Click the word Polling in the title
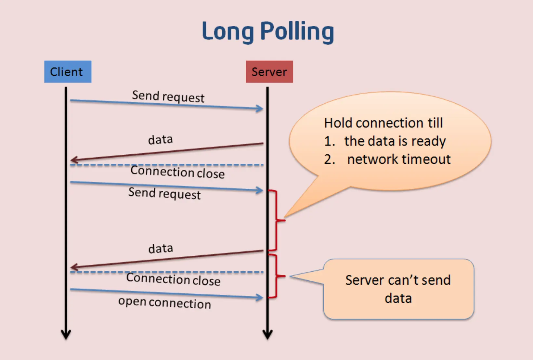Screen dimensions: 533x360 click(297, 32)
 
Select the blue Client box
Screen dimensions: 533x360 click(68, 71)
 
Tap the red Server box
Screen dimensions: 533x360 click(269, 71)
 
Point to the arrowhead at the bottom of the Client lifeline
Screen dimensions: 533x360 click(66, 334)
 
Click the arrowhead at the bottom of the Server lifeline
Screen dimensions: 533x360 click(267, 334)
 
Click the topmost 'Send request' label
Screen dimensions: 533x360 click(168, 96)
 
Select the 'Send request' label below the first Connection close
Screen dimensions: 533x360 click(164, 193)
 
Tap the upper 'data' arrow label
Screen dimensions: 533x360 click(160, 139)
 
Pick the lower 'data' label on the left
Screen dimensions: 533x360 click(161, 249)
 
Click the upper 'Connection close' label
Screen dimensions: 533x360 click(177, 172)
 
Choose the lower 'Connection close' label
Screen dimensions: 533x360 click(173, 279)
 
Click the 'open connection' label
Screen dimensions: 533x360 click(165, 303)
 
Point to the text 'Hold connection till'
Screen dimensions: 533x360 click(383, 123)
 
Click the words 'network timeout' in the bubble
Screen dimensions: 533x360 click(399, 159)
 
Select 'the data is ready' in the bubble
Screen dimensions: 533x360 click(395, 141)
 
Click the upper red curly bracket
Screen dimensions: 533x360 click(277, 220)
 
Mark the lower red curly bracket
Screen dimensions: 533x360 click(277, 276)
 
